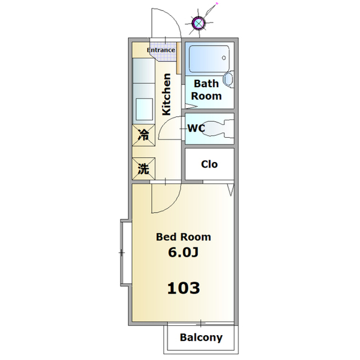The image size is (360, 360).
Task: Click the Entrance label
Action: click(x=161, y=50)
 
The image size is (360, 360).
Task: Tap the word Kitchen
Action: click(x=166, y=94)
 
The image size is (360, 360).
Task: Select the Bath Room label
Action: click(x=206, y=90)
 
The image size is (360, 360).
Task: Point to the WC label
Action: click(x=196, y=128)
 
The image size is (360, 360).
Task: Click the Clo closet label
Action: click(x=209, y=164)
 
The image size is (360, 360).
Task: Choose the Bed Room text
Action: click(x=183, y=237)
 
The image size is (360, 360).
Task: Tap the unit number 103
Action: click(x=183, y=289)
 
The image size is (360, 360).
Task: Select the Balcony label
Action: click(x=201, y=338)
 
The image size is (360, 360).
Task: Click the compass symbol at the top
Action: click(x=199, y=23)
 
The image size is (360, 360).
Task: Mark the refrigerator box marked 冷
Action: click(x=143, y=135)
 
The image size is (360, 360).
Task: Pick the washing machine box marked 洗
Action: click(x=143, y=168)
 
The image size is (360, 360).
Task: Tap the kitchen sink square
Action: click(x=144, y=108)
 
